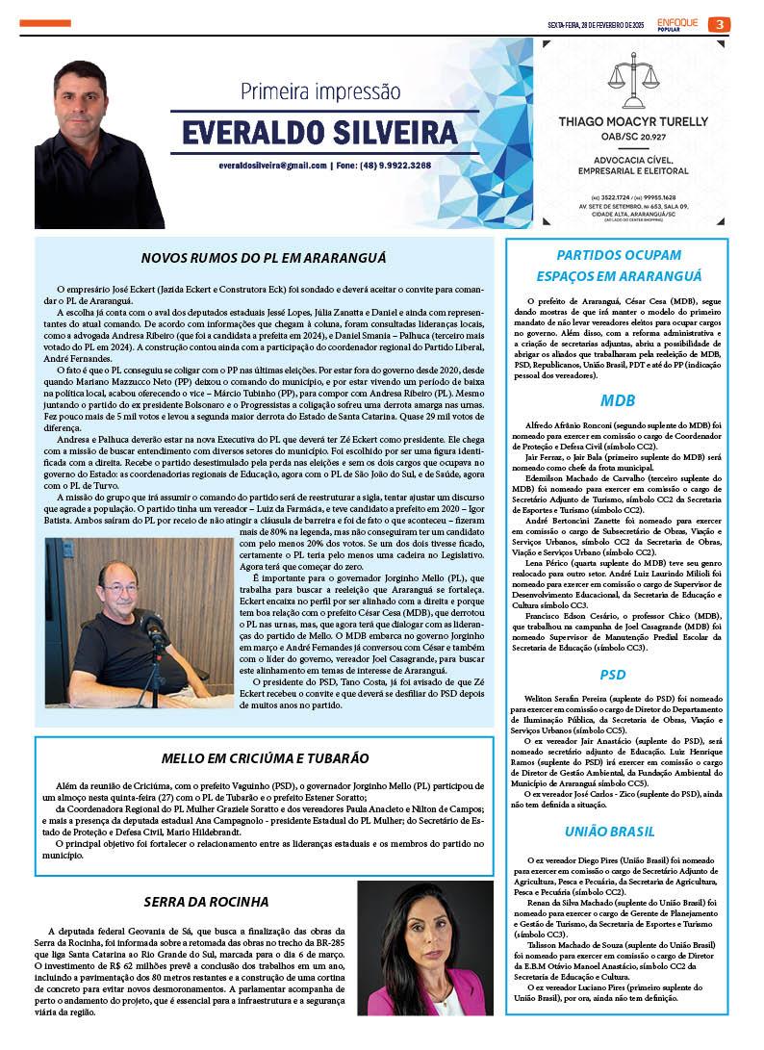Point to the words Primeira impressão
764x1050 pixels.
point(319,92)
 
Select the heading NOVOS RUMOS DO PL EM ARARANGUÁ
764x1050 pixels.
point(263,258)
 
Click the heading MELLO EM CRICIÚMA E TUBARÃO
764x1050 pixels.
point(264,757)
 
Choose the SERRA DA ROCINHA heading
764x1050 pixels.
point(206,902)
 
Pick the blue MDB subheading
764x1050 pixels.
point(617,399)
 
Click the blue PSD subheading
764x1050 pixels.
point(613,675)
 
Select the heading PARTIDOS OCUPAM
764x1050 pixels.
point(620,255)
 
